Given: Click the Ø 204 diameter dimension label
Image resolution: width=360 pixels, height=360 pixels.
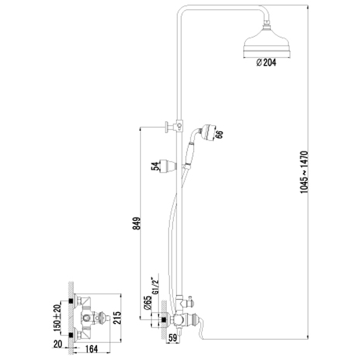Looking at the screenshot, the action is click(266, 63).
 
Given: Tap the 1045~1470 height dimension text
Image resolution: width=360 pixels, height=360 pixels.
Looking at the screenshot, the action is click(304, 172).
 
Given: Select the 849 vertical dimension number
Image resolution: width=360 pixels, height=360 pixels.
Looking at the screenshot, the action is click(137, 223).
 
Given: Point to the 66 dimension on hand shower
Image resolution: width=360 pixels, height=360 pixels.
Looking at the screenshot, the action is click(220, 135).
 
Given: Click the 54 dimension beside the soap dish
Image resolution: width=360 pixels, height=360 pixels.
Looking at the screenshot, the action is click(155, 166).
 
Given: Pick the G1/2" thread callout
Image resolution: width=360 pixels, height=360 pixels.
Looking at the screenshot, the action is click(156, 284).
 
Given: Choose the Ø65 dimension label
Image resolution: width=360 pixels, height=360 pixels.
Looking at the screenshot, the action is click(148, 303).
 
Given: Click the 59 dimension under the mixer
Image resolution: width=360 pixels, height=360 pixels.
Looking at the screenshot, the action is click(173, 338).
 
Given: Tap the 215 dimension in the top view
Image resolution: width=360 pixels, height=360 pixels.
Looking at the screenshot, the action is click(117, 318).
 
